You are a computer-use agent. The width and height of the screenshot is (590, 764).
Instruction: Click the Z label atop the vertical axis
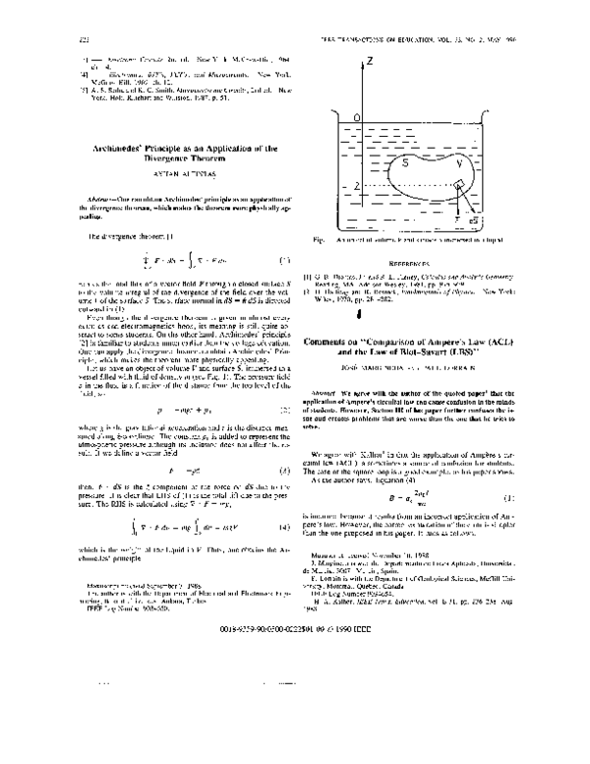point(369,61)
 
